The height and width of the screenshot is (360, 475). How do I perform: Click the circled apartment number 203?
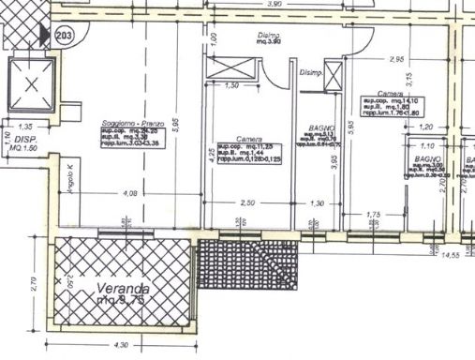65,37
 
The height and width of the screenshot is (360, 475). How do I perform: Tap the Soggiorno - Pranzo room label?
128,124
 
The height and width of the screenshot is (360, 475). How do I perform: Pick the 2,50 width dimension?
247,202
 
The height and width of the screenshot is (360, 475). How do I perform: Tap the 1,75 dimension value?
379,214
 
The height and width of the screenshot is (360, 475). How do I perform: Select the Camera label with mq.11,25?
248,139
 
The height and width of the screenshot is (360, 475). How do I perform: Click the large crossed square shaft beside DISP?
34,84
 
